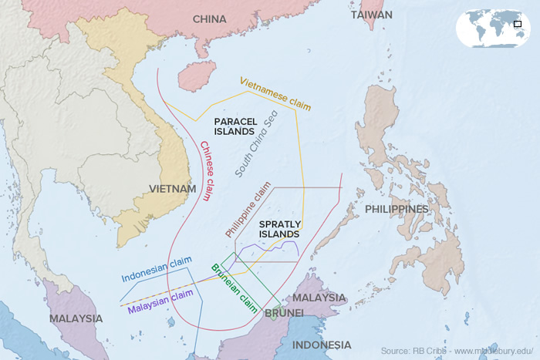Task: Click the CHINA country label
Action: click(209, 19)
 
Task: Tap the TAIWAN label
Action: click(371, 15)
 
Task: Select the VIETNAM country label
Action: click(172, 189)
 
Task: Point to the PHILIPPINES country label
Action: click(396, 209)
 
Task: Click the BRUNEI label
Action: click(284, 312)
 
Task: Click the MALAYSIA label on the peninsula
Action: click(76, 318)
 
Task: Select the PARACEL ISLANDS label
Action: click(235, 126)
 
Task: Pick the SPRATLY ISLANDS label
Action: click(279, 229)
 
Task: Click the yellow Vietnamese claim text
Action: click(275, 93)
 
